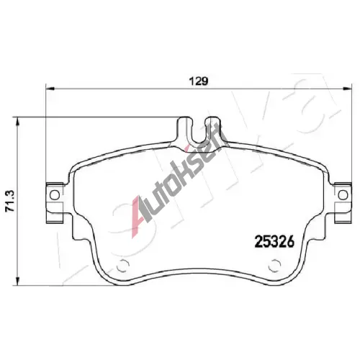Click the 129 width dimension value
click(199, 81)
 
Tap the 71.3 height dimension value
click(10, 201)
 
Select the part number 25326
click(274, 241)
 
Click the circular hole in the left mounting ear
click(55, 195)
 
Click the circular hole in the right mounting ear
click(343, 195)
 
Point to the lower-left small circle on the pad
click(122, 266)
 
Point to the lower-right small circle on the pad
click(274, 266)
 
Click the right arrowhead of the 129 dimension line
click(347, 89)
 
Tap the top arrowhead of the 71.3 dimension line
click(17, 122)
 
